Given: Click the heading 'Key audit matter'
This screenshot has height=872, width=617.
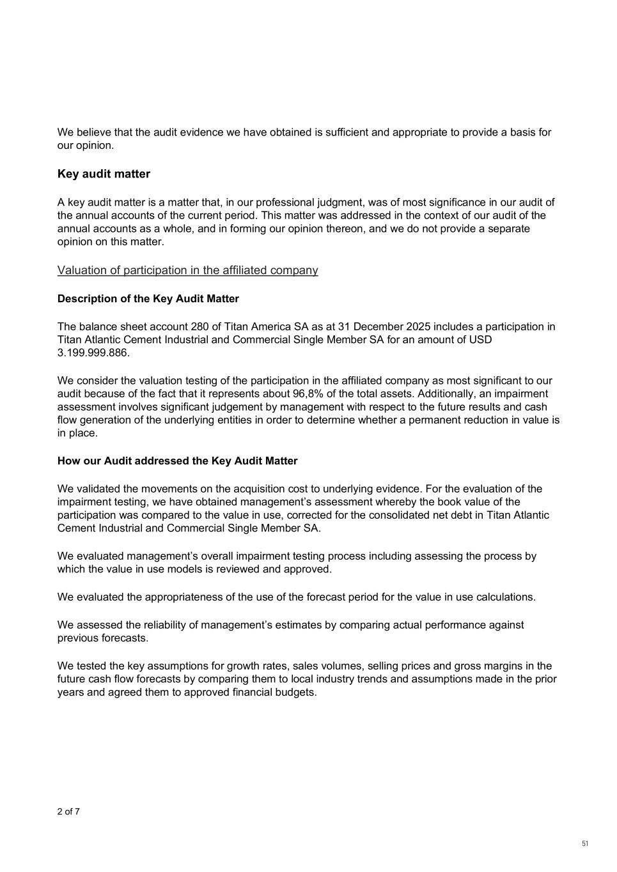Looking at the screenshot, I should click(104, 174).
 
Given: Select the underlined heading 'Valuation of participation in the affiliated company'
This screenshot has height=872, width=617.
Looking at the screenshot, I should click(187, 270).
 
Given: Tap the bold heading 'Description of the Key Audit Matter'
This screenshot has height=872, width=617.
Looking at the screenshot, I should click(148, 298).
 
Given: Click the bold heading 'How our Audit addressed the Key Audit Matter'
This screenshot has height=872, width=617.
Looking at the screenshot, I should click(177, 461).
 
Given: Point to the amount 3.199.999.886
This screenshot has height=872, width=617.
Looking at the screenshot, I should click(93, 353).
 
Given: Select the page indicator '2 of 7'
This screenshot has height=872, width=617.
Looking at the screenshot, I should click(68, 812).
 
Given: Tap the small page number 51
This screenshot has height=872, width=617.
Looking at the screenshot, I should click(585, 844).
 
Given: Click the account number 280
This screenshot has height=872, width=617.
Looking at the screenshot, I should click(199, 326).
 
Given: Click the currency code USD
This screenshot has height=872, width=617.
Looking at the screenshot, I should click(480, 339).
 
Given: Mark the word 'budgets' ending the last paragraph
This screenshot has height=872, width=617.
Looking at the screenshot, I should click(296, 692).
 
